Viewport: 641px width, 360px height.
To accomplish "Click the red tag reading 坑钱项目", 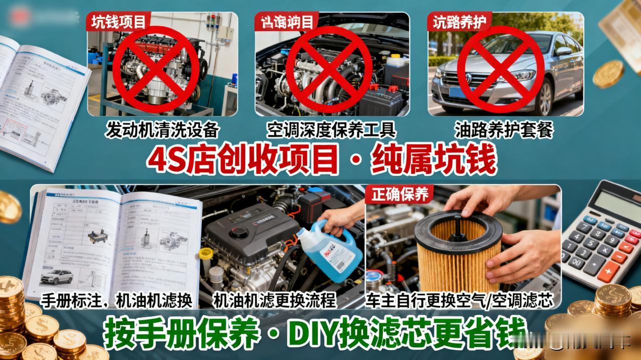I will (x=118, y=22).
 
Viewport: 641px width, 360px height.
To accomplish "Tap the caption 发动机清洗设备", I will (x=162, y=130).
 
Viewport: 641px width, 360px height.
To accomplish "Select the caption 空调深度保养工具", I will (x=331, y=130).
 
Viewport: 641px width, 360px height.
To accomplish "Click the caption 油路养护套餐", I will (x=503, y=130).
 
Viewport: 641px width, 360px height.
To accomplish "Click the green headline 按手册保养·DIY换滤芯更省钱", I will (x=315, y=333).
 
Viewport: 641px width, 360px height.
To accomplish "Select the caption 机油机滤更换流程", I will (x=274, y=300).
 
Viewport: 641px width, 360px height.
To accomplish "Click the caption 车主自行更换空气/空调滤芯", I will (x=459, y=300).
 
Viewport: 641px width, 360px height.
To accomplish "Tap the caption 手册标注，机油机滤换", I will (x=117, y=300).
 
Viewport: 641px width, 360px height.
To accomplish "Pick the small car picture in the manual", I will (x=56, y=276).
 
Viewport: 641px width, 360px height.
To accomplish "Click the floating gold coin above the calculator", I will (x=608, y=74).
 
